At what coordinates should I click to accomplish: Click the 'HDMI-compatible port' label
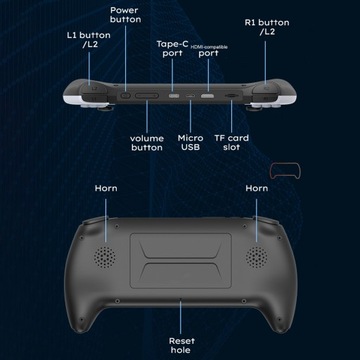[208, 50]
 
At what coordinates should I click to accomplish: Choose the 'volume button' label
[146, 142]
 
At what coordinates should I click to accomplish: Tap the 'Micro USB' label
[190, 142]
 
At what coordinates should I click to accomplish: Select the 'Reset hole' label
[181, 345]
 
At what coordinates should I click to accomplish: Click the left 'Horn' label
[106, 188]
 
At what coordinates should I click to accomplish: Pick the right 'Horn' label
[256, 188]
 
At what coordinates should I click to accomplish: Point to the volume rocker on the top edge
[146, 97]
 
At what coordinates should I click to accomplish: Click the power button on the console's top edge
[124, 96]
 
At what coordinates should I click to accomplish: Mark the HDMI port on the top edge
[207, 97]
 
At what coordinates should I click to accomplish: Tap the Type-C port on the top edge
[176, 97]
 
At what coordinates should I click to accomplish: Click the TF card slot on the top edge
[232, 97]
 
